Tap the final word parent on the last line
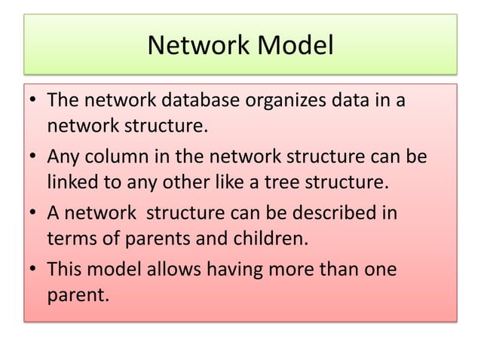click(78, 294)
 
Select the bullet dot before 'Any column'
click(35, 159)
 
